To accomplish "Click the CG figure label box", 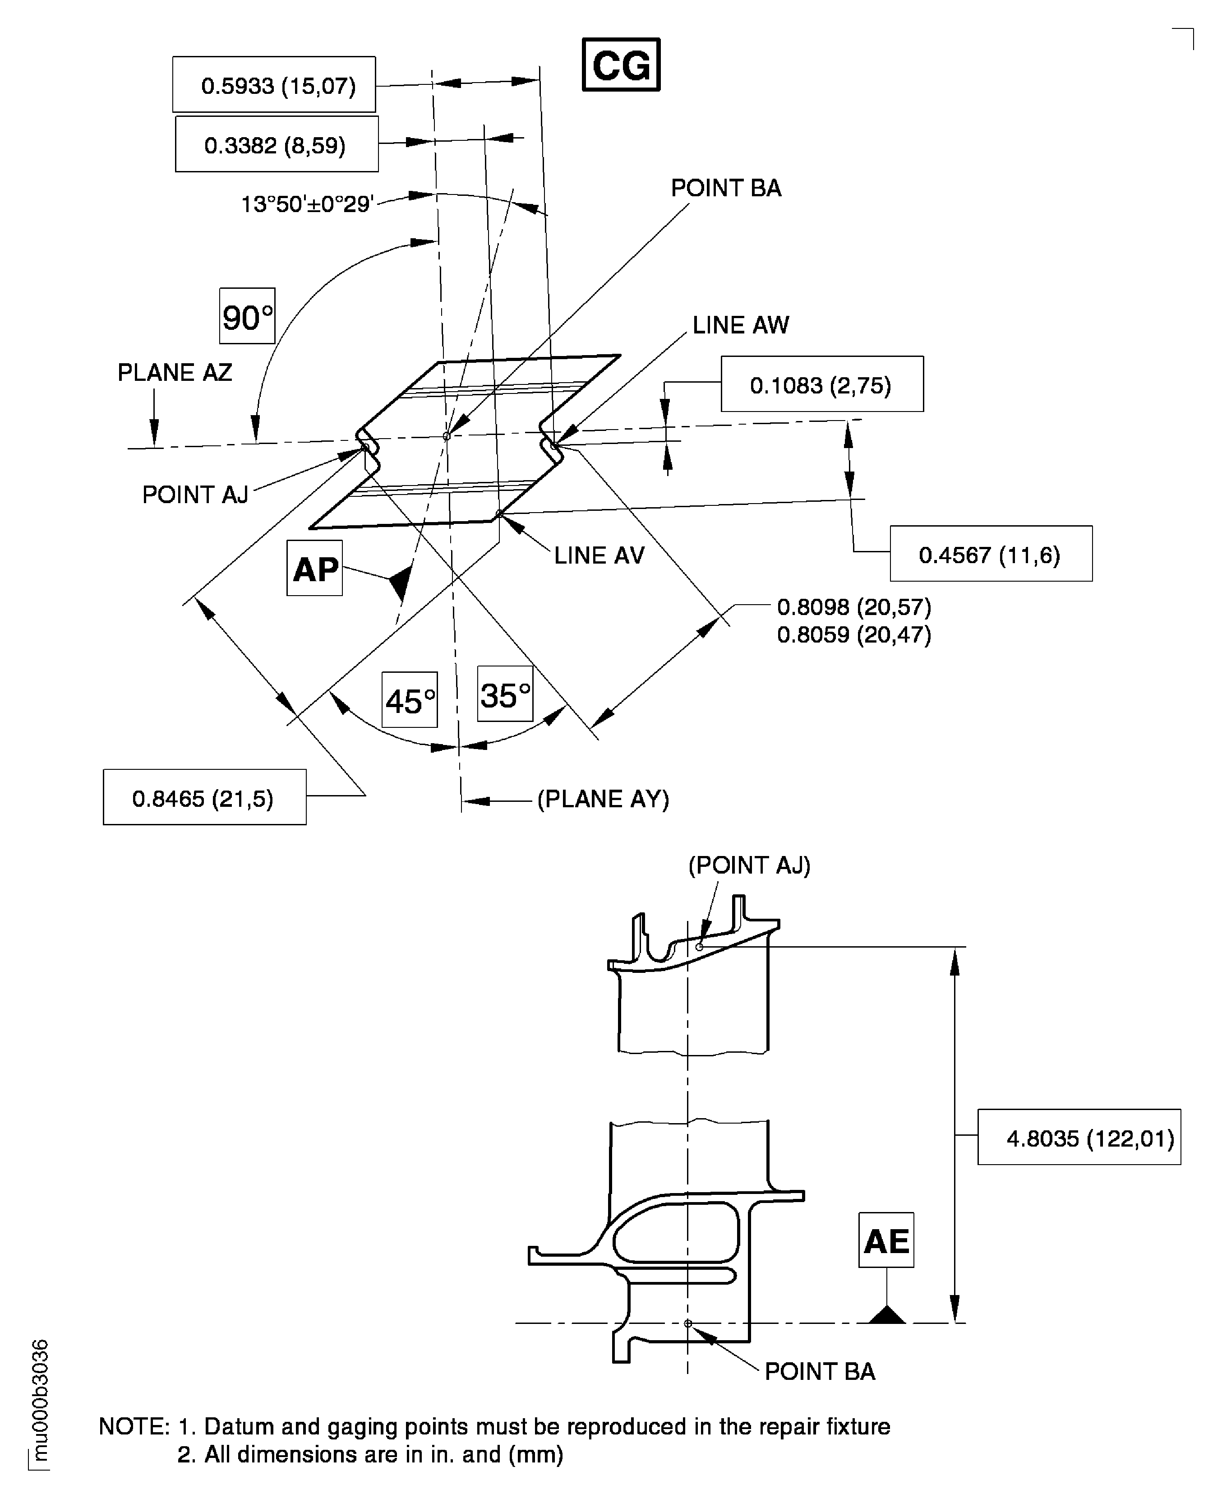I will [x=621, y=65].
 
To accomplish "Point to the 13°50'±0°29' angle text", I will [x=306, y=204].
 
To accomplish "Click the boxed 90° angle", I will [x=247, y=316].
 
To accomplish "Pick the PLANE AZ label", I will [x=175, y=372].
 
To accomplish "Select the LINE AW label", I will [x=741, y=325].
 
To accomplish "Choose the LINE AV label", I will [x=599, y=555].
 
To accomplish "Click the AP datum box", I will [x=315, y=568].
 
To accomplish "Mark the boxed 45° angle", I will [x=410, y=700].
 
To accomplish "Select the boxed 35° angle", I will [x=505, y=694].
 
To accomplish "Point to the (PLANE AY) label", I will [x=603, y=799].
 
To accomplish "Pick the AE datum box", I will [x=886, y=1240].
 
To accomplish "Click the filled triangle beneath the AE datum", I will [x=887, y=1314].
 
